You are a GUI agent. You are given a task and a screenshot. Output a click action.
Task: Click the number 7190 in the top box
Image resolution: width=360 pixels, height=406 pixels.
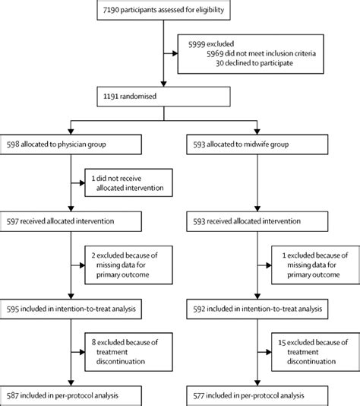111,10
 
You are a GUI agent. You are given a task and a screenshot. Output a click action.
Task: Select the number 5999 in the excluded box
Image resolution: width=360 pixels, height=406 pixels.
197,44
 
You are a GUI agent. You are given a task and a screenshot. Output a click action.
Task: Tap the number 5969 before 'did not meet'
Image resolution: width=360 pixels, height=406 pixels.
215,53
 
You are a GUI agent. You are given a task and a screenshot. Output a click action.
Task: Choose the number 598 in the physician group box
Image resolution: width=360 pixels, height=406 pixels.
13,144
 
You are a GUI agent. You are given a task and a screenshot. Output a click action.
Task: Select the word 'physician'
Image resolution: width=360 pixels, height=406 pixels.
70,144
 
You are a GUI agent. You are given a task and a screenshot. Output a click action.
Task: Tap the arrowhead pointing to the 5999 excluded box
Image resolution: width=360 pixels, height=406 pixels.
175,53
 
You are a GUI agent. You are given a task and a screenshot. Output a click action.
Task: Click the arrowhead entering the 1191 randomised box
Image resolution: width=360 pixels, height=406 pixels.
163,84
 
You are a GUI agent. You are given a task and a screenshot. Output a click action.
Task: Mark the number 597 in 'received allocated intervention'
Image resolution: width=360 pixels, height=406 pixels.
13,221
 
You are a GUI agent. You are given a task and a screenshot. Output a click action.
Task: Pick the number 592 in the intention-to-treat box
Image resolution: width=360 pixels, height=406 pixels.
199,309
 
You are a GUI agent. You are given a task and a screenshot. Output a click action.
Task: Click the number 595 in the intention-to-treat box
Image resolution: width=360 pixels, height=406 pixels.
13,309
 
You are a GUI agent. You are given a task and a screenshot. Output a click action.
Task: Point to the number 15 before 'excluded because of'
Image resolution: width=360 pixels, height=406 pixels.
282,343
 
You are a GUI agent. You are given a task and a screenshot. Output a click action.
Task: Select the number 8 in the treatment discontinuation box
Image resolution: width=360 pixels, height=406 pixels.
93,342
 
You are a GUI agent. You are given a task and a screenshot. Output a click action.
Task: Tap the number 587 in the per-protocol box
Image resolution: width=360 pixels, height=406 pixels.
13,395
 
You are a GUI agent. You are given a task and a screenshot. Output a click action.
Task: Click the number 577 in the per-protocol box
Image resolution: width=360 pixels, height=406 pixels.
199,395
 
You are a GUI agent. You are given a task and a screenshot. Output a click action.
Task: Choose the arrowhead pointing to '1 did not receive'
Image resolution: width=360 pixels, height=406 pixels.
82,183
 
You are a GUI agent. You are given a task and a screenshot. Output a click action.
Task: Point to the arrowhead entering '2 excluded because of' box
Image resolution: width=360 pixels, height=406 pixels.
82,265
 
